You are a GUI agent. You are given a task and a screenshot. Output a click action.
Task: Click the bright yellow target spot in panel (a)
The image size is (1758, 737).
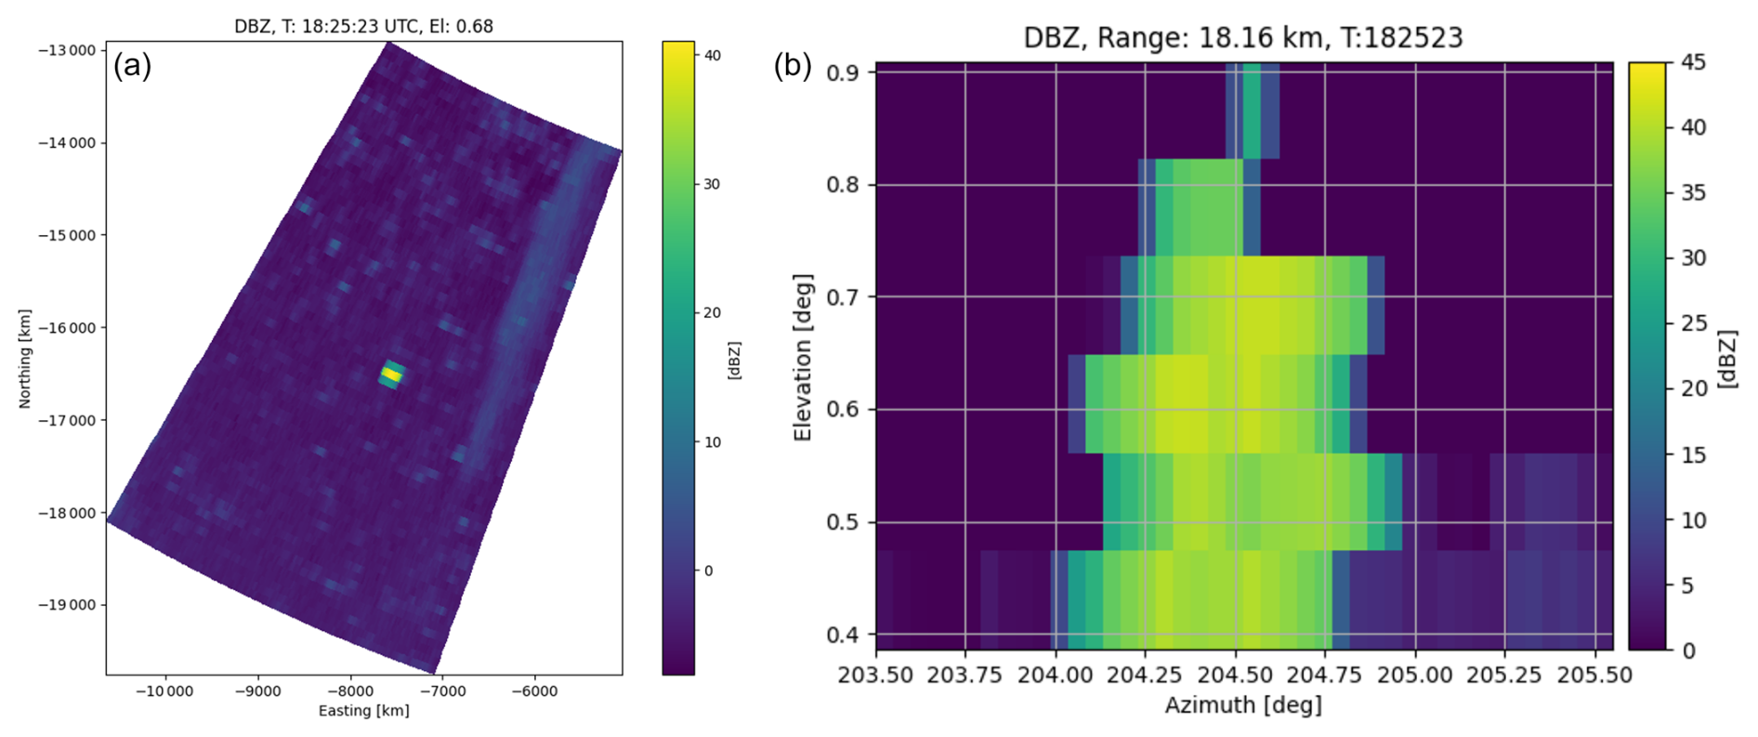click(391, 375)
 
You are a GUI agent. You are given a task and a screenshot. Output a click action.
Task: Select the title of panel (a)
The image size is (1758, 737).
click(363, 26)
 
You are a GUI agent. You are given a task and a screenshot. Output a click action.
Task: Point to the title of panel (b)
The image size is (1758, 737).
click(1242, 37)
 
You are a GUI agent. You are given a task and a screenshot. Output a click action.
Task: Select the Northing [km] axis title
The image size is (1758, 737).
click(25, 359)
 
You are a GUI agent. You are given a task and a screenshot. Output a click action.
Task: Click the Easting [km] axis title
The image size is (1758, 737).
click(363, 711)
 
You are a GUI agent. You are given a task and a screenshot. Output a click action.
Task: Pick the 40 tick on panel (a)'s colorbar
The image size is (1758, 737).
click(713, 56)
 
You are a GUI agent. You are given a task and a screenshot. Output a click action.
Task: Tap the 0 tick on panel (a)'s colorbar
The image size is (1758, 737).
click(709, 571)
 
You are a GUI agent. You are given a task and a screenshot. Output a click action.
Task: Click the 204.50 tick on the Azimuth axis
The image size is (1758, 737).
click(1235, 674)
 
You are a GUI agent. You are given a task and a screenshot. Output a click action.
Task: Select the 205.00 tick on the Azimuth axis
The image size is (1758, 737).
click(1415, 674)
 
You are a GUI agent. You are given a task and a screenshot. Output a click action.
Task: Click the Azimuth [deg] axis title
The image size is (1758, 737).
click(1242, 705)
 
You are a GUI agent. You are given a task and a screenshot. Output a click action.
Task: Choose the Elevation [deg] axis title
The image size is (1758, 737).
click(803, 357)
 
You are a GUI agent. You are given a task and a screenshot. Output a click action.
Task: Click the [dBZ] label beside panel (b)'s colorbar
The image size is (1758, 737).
click(1727, 357)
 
